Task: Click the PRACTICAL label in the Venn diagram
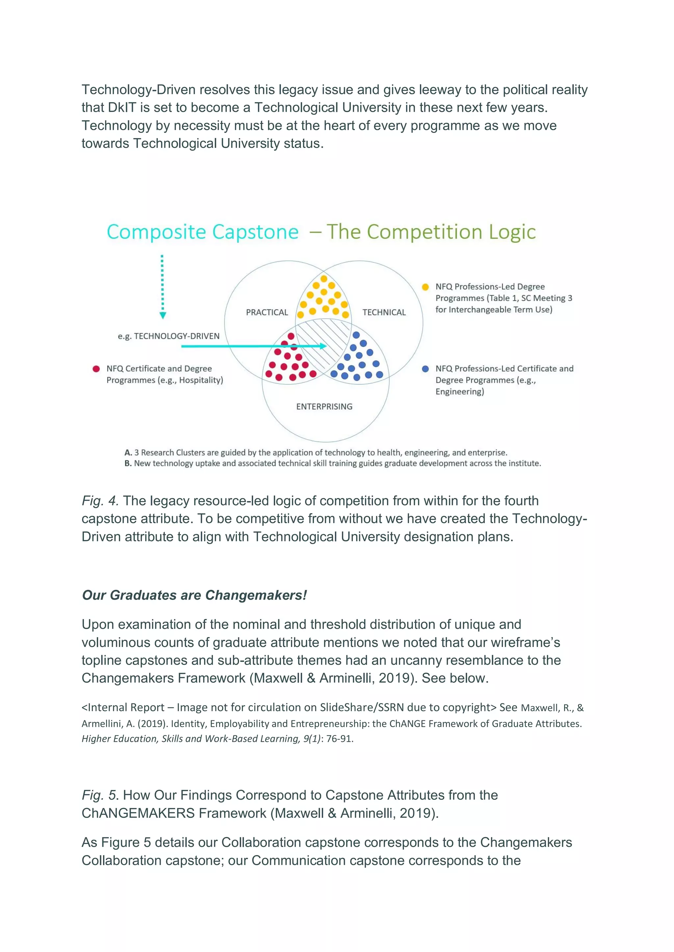pyautogui.click(x=267, y=312)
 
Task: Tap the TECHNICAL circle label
pyautogui.click(x=384, y=312)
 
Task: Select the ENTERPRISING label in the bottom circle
pyautogui.click(x=324, y=407)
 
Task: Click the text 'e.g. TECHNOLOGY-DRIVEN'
pyautogui.click(x=168, y=336)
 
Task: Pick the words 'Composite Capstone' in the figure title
pyautogui.click(x=202, y=232)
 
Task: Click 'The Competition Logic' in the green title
pyautogui.click(x=431, y=232)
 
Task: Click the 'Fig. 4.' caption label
pyautogui.click(x=100, y=501)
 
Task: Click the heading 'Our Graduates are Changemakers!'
pyautogui.click(x=194, y=595)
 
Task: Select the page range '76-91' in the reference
pyautogui.click(x=339, y=738)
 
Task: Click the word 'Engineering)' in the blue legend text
pyautogui.click(x=459, y=392)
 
